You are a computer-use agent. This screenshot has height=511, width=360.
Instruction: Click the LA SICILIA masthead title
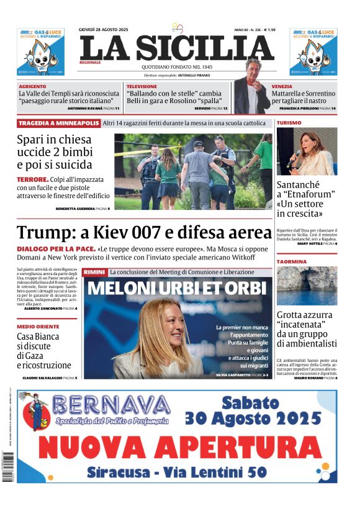pos(176,48)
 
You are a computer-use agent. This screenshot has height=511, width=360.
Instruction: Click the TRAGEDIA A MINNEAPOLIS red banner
pos(58,123)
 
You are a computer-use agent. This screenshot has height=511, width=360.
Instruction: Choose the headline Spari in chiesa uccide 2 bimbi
pos(54,152)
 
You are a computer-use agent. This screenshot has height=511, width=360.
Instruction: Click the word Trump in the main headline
pos(42,233)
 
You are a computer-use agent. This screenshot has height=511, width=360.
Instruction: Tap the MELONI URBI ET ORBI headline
pos(177,289)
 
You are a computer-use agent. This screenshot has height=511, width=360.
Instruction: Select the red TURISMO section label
pos(289,123)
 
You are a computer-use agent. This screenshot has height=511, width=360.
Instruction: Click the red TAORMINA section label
pos(292,261)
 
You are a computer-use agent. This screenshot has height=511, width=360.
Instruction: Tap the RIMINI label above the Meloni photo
pos(94,273)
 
